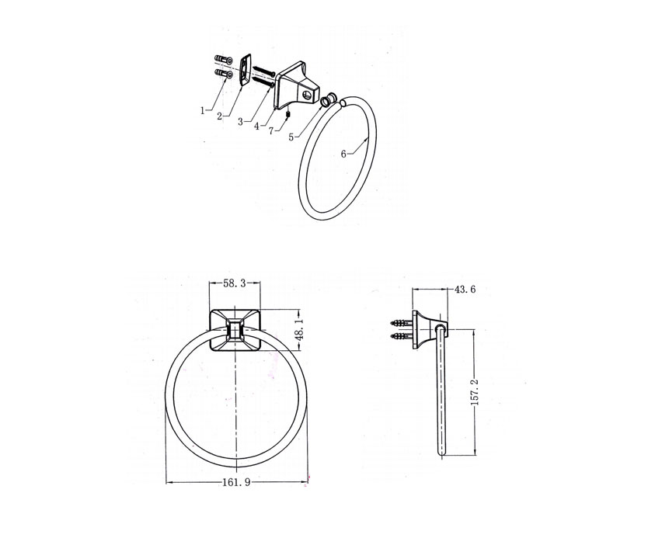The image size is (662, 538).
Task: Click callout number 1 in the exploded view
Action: coord(203,110)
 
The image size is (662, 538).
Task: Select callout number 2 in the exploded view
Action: coord(220,116)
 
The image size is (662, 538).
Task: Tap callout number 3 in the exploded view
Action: coord(240,122)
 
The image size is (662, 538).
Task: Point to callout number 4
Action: coord(256,126)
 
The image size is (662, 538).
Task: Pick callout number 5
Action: coord(291,137)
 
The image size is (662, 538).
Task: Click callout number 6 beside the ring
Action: coord(343,154)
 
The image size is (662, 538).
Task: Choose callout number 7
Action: coord(271,130)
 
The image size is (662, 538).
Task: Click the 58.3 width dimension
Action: coord(235,283)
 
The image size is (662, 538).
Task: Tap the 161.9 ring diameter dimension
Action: coord(236,482)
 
